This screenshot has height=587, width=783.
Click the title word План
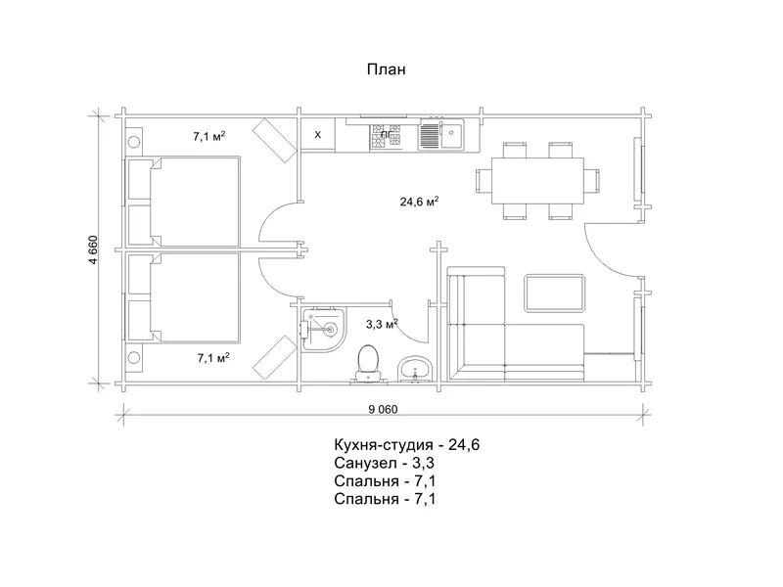click(386, 68)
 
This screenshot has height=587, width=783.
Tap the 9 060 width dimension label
click(383, 410)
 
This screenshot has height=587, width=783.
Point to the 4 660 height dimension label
click(94, 249)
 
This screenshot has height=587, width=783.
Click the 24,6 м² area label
click(420, 202)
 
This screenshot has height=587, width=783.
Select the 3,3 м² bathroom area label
click(382, 324)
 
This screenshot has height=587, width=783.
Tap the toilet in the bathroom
click(368, 364)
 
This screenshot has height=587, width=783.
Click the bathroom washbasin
click(415, 370)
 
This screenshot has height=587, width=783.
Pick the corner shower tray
click(323, 329)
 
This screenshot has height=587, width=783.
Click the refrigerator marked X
click(317, 135)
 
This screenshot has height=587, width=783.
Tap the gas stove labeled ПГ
click(385, 135)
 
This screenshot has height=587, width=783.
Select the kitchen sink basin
click(451, 133)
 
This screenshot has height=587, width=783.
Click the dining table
click(537, 181)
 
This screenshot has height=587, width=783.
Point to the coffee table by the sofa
click(554, 293)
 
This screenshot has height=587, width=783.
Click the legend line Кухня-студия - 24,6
click(407, 444)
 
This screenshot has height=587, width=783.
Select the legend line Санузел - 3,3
click(385, 463)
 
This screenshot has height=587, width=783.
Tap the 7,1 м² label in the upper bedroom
click(209, 136)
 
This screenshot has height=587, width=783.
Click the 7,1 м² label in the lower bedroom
click(213, 357)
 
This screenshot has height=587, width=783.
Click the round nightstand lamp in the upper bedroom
click(133, 142)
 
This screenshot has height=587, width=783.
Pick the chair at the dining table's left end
click(484, 181)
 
